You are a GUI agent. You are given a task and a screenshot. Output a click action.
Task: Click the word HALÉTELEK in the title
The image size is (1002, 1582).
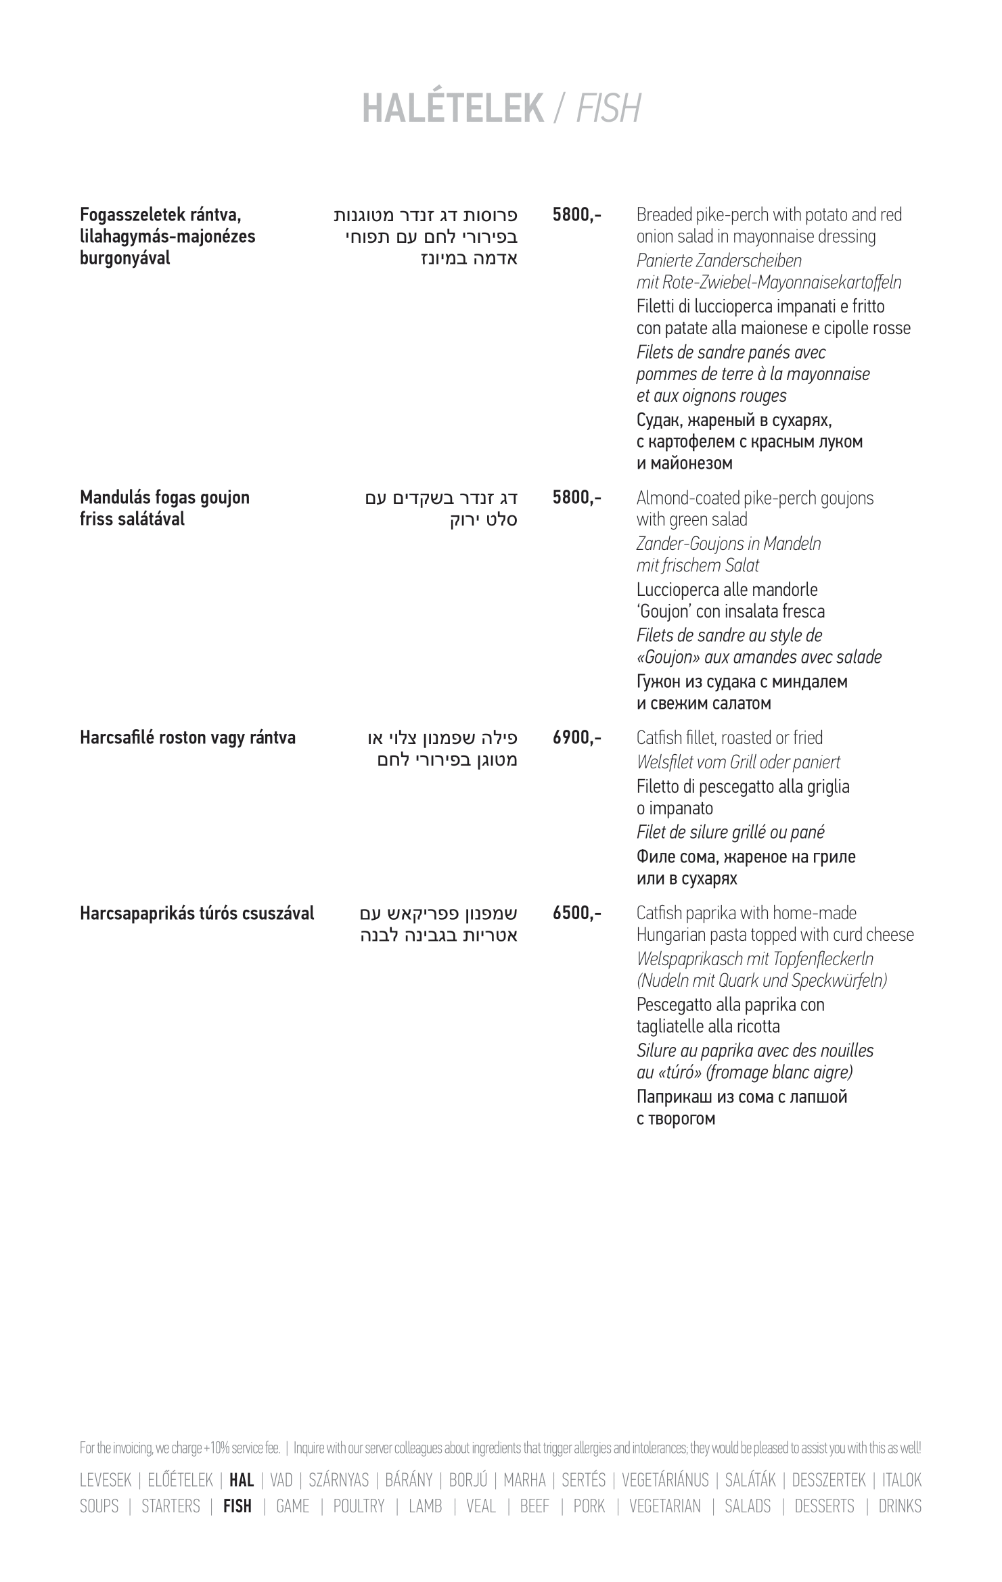(x=453, y=108)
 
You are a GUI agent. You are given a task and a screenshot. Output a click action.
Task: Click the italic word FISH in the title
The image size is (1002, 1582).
(x=608, y=108)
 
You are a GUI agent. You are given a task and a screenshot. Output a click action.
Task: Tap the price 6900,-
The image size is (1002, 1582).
(x=576, y=737)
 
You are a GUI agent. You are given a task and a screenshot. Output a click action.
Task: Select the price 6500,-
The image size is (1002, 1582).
(x=576, y=913)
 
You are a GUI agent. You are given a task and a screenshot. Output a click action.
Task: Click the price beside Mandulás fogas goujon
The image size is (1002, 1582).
(x=576, y=498)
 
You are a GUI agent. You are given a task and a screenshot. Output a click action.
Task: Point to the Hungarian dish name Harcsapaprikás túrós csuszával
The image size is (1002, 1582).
(x=197, y=913)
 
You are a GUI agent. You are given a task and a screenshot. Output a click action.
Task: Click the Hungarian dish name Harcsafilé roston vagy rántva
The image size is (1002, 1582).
(x=187, y=737)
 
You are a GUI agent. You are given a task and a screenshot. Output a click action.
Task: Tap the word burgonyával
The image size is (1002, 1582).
(x=125, y=258)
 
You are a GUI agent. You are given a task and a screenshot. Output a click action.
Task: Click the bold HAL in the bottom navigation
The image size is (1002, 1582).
(x=242, y=1480)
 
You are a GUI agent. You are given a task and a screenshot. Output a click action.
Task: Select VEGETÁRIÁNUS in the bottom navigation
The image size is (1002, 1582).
(x=665, y=1480)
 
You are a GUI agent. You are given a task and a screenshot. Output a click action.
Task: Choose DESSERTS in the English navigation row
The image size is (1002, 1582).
(x=824, y=1506)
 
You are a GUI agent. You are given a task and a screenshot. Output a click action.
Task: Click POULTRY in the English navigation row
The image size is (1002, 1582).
(x=359, y=1506)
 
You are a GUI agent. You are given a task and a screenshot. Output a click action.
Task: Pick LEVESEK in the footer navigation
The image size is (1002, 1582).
(x=106, y=1480)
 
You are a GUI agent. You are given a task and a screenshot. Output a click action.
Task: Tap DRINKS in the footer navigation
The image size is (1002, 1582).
(x=900, y=1506)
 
